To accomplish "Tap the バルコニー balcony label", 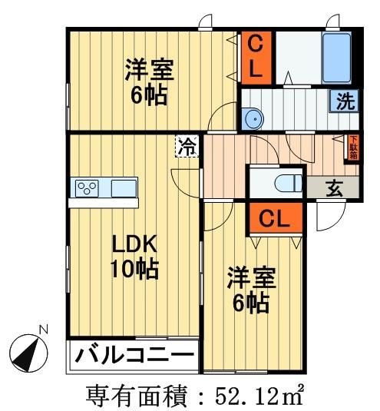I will point(134,356).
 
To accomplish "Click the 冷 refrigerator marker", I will point(187,145).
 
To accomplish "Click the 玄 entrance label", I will point(336,188).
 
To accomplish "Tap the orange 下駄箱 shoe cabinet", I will point(353,147).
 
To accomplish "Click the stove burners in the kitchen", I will point(86,187).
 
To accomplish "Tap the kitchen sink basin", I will point(123,188).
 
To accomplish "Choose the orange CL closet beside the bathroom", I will point(258,56).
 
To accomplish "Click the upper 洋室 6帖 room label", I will point(150,82).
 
